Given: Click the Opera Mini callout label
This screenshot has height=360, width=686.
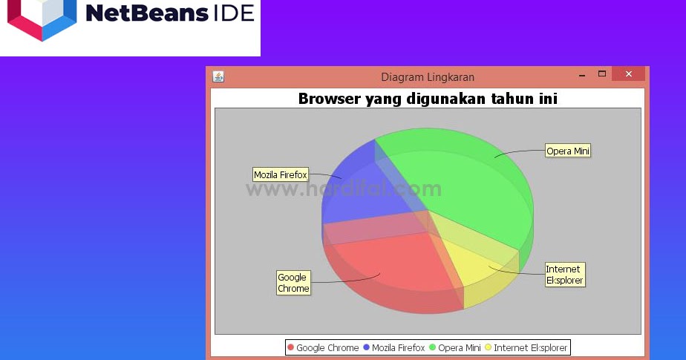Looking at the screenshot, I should (x=568, y=151).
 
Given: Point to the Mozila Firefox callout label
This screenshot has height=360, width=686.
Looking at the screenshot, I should (x=281, y=175).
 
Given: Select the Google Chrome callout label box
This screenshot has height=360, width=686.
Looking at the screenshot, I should (x=293, y=283).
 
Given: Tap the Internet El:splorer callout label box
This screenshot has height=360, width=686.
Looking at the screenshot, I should (x=565, y=275).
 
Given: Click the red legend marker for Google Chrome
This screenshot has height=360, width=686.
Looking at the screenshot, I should (x=291, y=347).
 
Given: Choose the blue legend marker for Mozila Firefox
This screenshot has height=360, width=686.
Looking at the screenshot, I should (x=367, y=347).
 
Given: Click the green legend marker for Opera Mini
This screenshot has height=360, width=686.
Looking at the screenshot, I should (x=433, y=347).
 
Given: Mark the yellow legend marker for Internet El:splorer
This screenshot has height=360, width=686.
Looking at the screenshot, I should (x=489, y=347).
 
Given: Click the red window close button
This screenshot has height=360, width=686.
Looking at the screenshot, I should (x=628, y=74).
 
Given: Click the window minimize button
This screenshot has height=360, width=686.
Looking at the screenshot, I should (x=582, y=75).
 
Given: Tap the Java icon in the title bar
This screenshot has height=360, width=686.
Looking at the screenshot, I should (x=218, y=76).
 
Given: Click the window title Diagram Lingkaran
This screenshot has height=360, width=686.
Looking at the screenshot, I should (x=428, y=77).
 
